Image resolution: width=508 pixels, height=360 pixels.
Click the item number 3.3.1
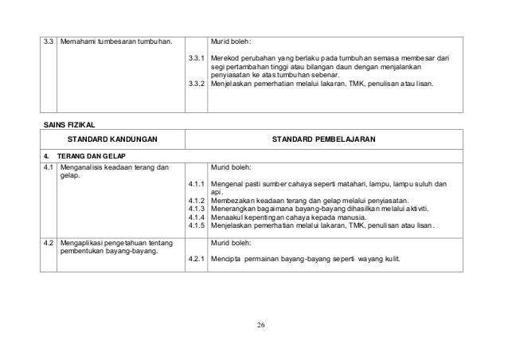tap(196, 59)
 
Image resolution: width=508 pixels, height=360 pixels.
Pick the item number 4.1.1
tap(197, 185)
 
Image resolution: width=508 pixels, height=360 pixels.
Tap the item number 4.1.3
tap(197, 208)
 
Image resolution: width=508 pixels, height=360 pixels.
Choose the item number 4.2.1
tap(196, 260)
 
